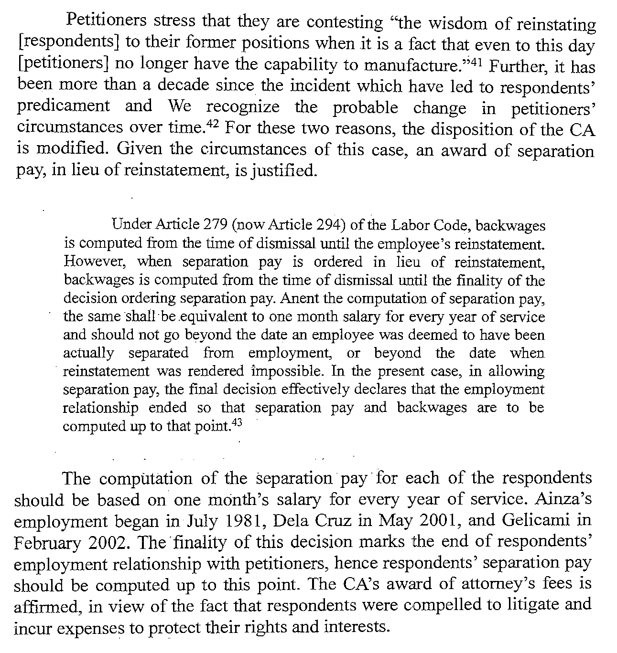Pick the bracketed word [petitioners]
[x=64, y=64]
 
